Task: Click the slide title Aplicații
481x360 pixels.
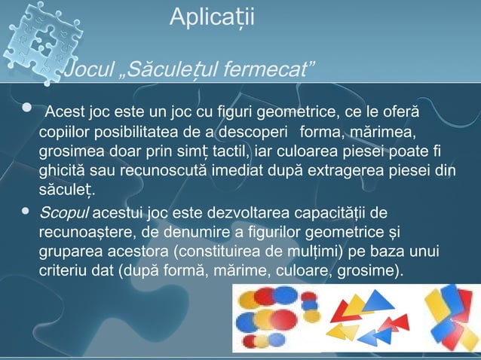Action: coord(212,17)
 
